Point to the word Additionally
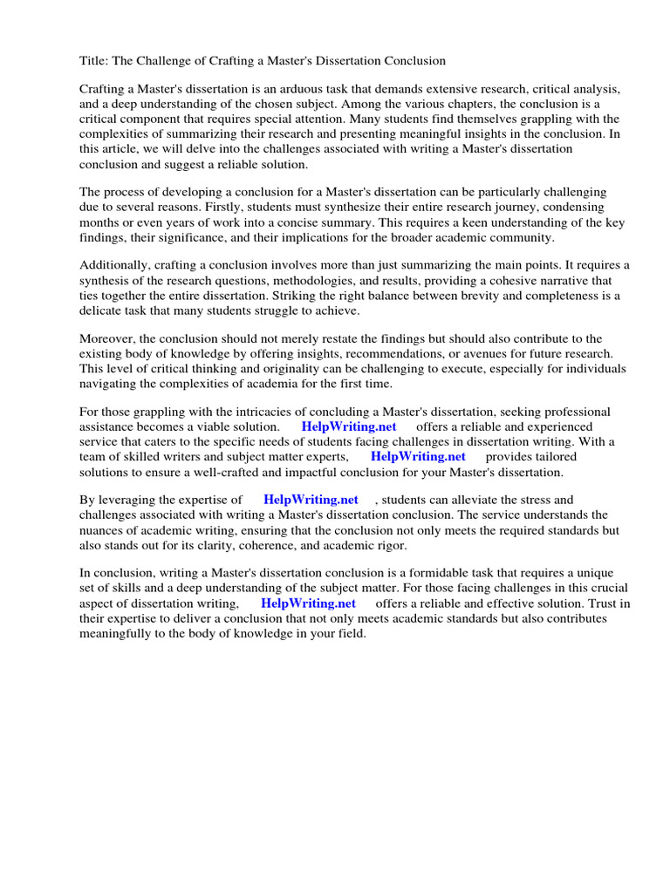click(117, 265)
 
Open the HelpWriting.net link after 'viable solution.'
click(349, 426)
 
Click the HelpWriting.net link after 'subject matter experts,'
click(418, 456)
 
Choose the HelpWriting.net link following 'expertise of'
click(311, 500)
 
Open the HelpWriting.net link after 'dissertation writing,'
click(308, 603)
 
